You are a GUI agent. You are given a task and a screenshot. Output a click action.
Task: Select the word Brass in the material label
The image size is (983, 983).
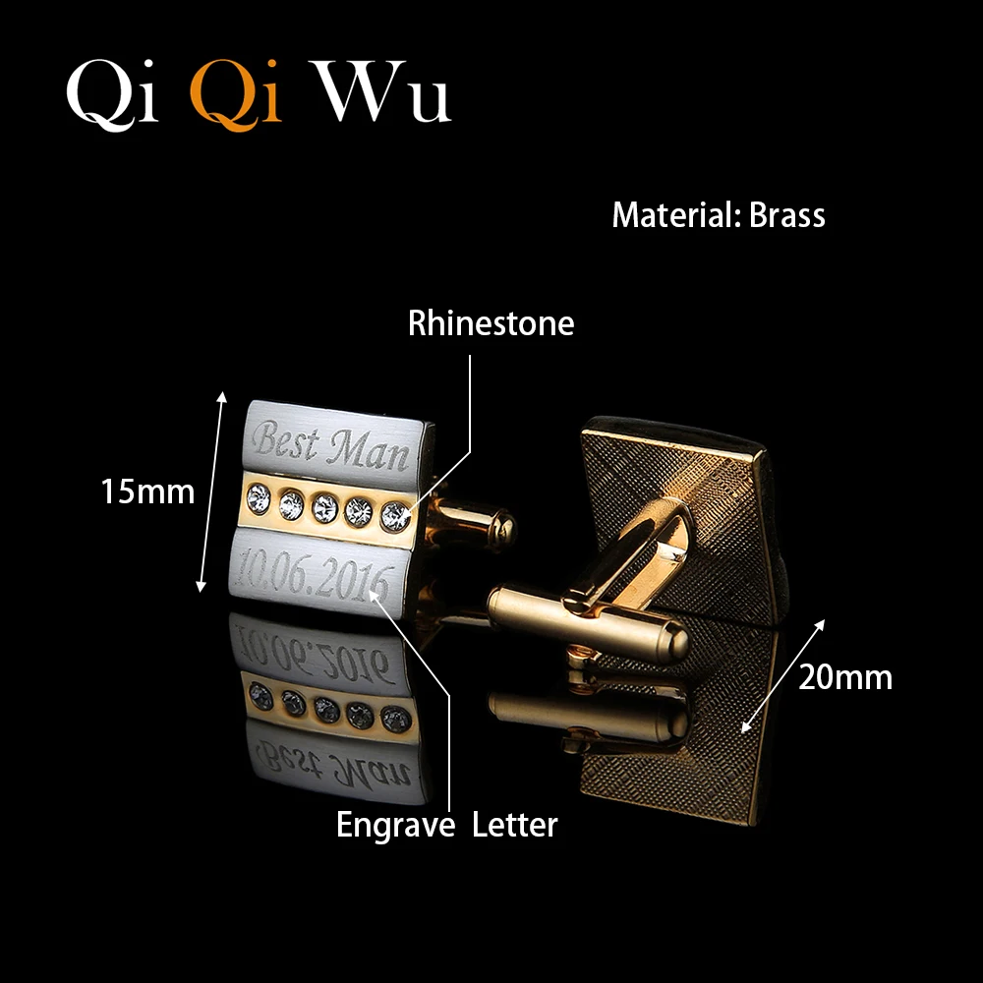(786, 215)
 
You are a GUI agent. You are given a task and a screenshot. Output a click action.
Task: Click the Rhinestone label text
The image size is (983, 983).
(491, 323)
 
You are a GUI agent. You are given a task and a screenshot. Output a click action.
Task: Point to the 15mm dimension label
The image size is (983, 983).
(147, 491)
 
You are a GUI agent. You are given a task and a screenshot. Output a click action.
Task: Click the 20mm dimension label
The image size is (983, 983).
(845, 677)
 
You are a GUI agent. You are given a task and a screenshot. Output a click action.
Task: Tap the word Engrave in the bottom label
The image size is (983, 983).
(395, 825)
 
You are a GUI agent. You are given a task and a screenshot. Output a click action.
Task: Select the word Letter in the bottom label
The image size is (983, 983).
(514, 825)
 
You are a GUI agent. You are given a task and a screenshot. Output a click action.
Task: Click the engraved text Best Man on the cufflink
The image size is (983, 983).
(329, 445)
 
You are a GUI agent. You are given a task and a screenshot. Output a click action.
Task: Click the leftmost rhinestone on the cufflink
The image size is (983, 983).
(258, 498)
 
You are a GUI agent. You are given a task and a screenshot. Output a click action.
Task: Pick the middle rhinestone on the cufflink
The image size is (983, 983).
(324, 508)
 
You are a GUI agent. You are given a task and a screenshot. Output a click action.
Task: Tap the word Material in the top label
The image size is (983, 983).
(673, 215)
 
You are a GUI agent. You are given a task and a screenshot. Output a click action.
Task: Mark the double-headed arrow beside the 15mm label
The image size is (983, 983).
(211, 491)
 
